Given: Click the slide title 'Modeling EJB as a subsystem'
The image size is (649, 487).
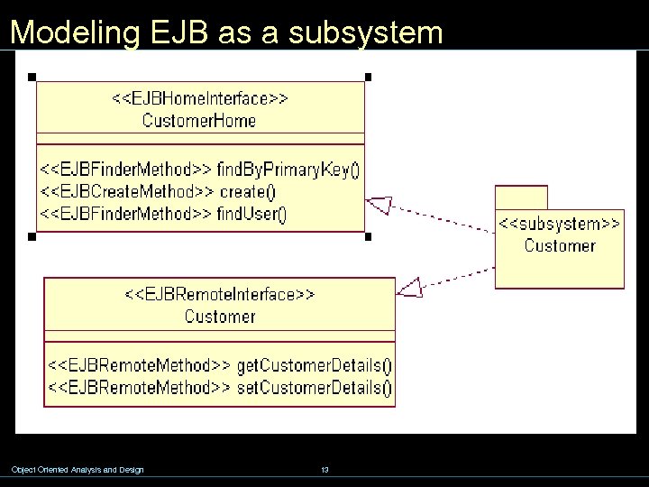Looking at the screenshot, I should (x=226, y=32).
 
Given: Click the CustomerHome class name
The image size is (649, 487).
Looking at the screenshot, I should (x=199, y=120).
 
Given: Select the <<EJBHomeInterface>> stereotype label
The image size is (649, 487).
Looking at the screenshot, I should (x=199, y=98).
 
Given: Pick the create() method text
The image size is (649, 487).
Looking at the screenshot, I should (x=247, y=191).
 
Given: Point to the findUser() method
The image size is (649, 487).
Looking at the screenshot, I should (x=251, y=214).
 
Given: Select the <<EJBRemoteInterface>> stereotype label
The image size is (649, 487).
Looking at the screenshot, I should (x=219, y=294).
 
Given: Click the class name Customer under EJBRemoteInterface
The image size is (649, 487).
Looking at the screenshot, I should (x=219, y=316).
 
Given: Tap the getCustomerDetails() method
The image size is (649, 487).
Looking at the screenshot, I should (x=314, y=366).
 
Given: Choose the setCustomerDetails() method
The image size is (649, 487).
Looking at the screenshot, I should (x=314, y=389).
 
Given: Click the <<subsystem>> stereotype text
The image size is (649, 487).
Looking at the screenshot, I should (x=560, y=223).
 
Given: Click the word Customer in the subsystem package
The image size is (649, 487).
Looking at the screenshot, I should (x=560, y=245).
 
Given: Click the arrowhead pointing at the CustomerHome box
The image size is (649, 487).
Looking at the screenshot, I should (x=379, y=206).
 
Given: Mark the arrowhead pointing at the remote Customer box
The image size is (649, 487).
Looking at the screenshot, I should (x=410, y=287).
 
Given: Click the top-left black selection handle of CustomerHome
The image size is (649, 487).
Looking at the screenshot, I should (x=31, y=77).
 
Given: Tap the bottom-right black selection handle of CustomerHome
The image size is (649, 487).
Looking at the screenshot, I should (x=368, y=237).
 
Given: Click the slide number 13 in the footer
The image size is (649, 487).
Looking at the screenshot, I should (x=324, y=469).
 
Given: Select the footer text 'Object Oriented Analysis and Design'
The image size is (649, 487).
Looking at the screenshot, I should (x=77, y=469).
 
